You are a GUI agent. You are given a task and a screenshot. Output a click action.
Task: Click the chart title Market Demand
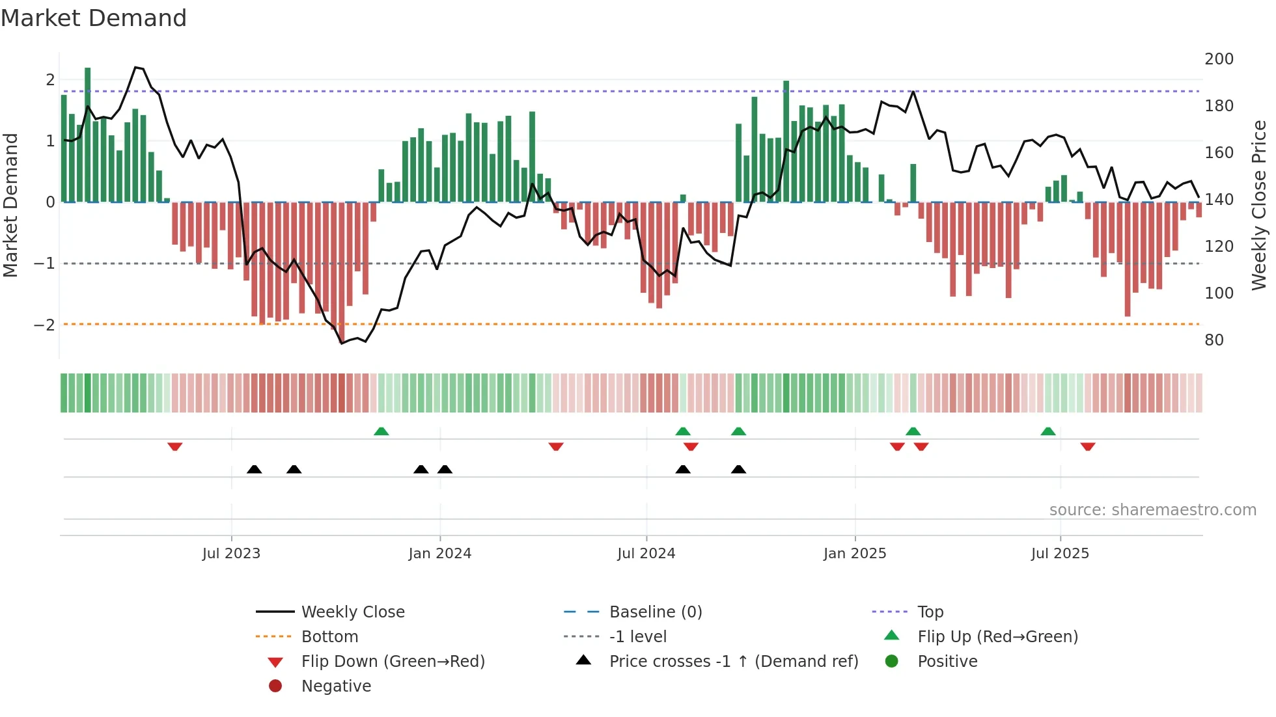[94, 18]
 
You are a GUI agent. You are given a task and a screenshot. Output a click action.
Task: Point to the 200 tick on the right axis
[1219, 59]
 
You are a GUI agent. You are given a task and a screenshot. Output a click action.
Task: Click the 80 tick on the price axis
[1214, 340]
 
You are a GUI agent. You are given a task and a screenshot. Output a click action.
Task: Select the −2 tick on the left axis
[44, 325]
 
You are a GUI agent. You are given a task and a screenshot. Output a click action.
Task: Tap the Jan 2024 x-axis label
[439, 554]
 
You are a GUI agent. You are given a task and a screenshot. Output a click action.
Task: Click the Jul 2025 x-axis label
[1060, 554]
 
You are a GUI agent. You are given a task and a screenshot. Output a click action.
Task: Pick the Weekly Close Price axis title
[1259, 205]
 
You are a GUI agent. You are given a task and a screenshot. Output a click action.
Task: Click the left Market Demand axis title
[10, 205]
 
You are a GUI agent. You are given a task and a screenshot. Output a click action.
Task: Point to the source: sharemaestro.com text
[1152, 510]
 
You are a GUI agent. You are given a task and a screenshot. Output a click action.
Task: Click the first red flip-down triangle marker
[174, 447]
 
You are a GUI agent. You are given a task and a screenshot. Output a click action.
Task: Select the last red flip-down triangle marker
[1088, 447]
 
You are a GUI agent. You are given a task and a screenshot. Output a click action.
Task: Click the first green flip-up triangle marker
[381, 431]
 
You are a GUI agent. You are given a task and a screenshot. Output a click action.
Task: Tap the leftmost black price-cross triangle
[255, 469]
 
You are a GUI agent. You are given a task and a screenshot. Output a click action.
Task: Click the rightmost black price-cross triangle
[738, 469]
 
